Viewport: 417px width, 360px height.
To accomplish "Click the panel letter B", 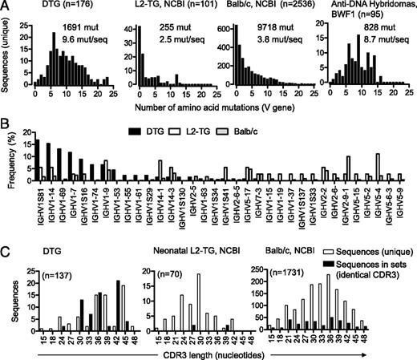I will pos(6,123).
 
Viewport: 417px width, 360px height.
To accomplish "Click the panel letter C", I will pos(6,243).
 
